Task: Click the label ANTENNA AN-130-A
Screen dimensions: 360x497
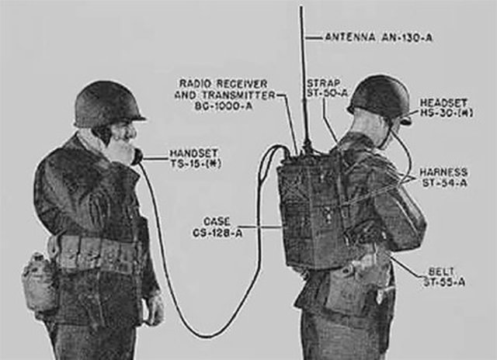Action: pyautogui.click(x=377, y=36)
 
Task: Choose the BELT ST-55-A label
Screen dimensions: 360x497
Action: pyautogui.click(x=447, y=276)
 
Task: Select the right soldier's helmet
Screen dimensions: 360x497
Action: pyautogui.click(x=381, y=95)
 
